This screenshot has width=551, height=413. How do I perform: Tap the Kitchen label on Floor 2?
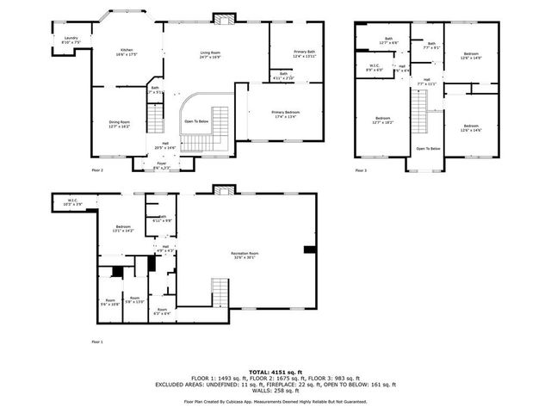click(127, 52)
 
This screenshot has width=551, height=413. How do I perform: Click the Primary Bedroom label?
click(286, 114)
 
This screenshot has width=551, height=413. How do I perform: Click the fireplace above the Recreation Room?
click(224, 189)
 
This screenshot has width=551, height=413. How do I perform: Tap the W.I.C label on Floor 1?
click(71, 203)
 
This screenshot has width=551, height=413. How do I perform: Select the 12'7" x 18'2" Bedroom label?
click(382, 120)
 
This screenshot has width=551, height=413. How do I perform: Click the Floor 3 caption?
click(362, 170)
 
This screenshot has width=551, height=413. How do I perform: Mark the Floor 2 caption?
click(96, 170)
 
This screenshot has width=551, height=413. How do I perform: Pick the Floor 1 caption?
click(96, 342)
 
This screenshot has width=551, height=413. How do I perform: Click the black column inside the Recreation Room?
click(308, 250)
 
